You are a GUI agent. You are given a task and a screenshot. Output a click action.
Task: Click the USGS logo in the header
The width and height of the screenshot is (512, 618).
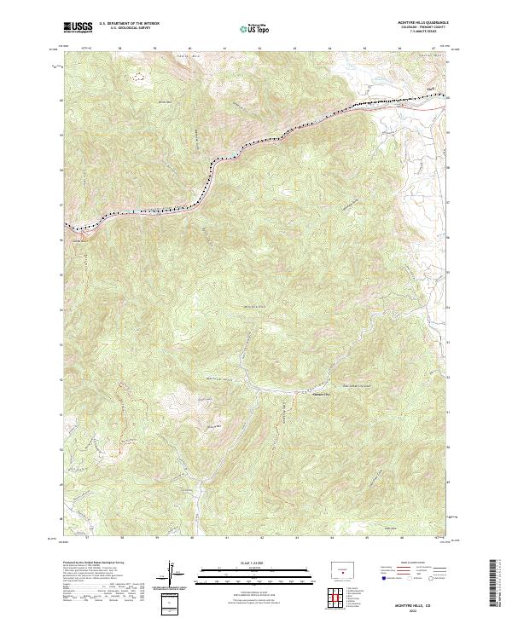click(78, 27)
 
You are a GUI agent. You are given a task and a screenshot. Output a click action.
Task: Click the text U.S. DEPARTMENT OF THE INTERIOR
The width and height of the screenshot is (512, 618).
click(129, 24)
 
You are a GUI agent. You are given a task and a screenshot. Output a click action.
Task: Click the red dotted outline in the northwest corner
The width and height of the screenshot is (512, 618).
click(138, 76)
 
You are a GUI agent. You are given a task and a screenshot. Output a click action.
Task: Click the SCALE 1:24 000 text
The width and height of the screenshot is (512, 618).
click(255, 561)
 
